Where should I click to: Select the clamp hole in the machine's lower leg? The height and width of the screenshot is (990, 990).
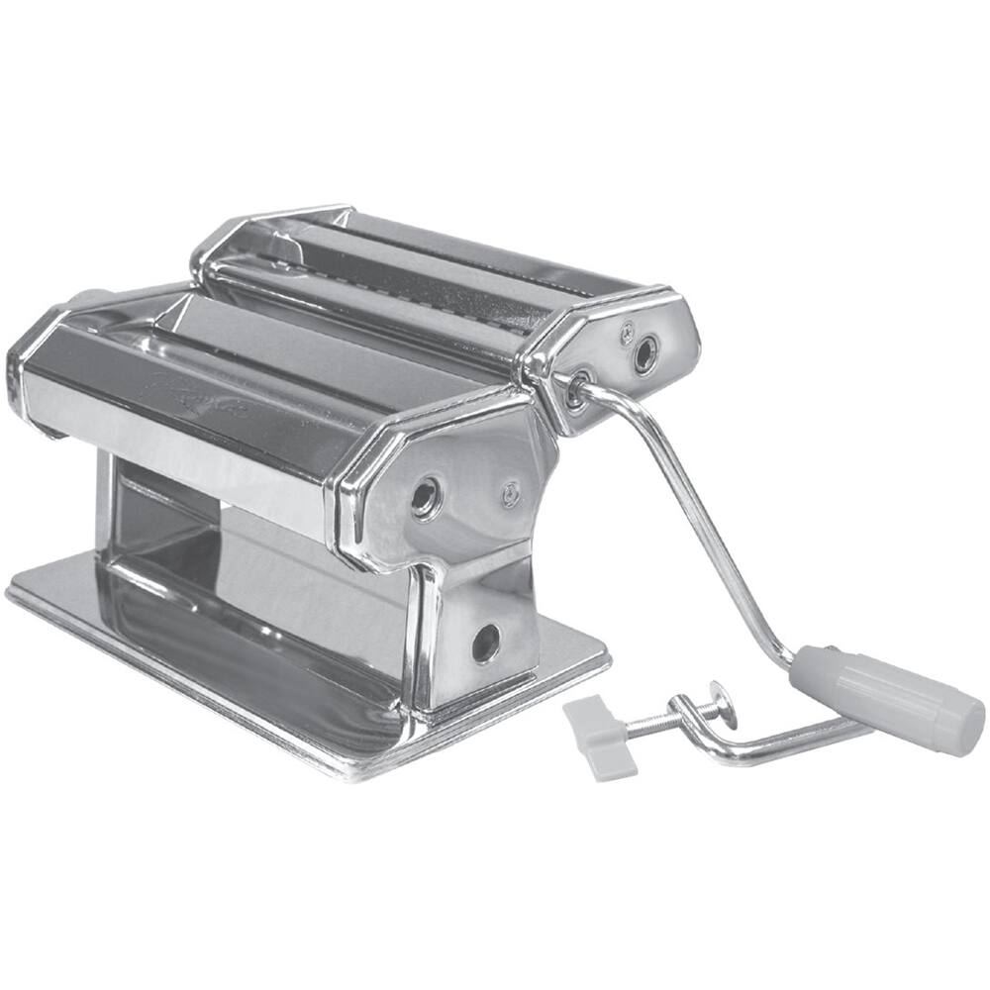486,643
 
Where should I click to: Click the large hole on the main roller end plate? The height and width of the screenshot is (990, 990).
426,497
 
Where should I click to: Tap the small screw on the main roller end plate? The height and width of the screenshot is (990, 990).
510,492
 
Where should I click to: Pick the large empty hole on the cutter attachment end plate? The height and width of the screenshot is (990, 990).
645,352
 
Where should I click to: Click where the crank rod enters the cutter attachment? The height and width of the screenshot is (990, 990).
575,392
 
